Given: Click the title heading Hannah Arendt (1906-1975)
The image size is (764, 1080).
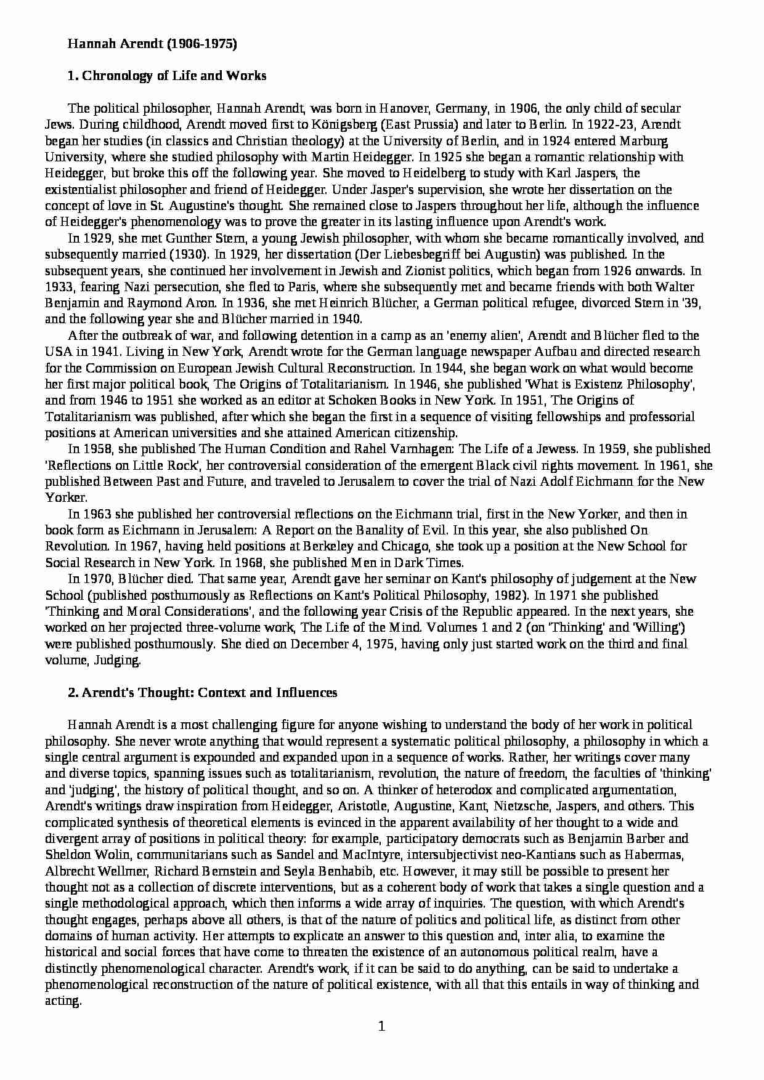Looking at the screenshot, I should pos(152,44).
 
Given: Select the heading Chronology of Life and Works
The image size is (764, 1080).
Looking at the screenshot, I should pos(167,76).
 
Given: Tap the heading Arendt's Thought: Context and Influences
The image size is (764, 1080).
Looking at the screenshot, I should pos(202,692).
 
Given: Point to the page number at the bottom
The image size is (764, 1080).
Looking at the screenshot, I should pos(381,1026).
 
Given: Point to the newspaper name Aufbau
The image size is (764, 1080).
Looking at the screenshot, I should pos(596,352).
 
